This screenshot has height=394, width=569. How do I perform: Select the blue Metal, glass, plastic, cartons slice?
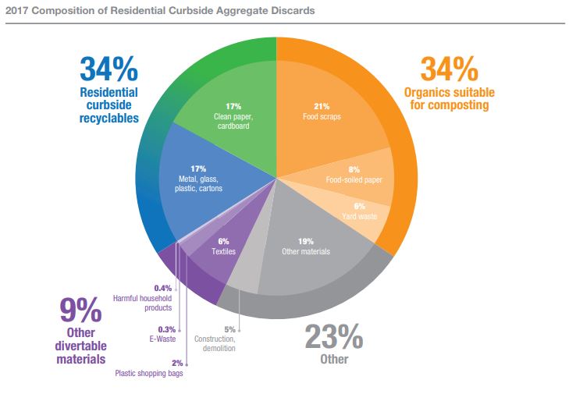203,179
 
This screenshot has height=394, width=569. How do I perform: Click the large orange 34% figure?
449,70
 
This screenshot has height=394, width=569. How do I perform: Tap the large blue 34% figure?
108,69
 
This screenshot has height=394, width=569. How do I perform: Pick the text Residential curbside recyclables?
108,105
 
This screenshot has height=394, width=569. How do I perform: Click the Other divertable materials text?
81,346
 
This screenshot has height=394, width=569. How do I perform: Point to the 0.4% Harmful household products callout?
143,298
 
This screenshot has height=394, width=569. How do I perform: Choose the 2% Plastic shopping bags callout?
151,367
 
